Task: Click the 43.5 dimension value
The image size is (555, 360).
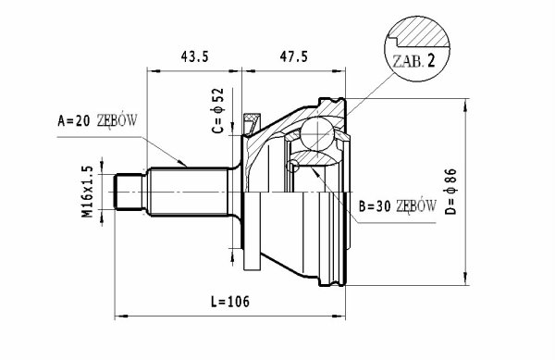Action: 194,57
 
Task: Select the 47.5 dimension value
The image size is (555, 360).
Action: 294,57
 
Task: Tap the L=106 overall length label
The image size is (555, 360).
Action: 230,302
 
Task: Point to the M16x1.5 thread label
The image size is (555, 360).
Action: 88,192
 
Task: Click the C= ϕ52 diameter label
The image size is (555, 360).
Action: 218,110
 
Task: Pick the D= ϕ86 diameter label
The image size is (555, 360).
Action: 451,192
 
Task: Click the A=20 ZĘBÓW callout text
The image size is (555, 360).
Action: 97,121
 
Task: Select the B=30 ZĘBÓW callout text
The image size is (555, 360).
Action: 398,206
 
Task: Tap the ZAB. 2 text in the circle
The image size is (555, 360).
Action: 413,62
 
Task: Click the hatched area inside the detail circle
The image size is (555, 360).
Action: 421,31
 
